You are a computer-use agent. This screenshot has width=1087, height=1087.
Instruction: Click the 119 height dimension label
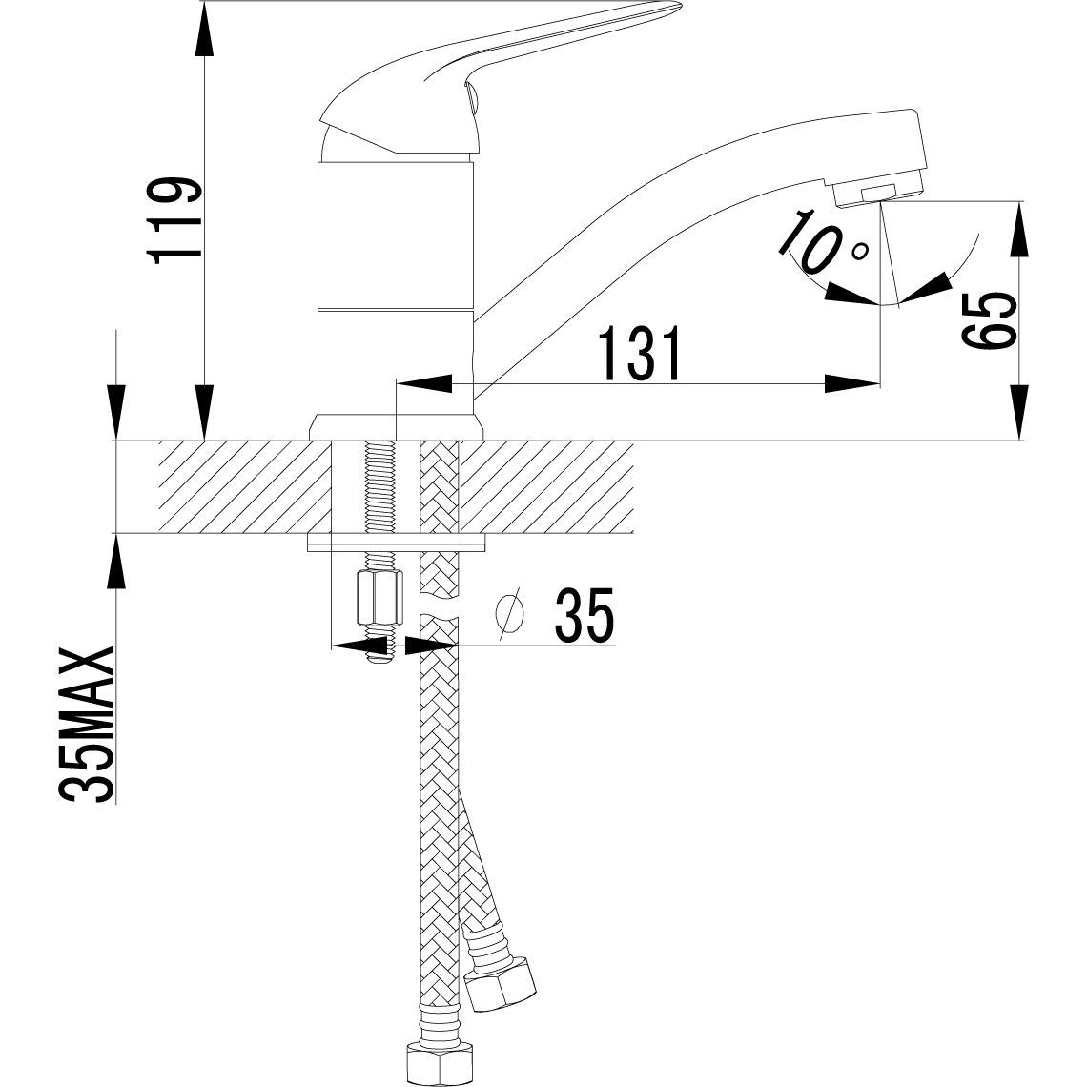click(x=175, y=217)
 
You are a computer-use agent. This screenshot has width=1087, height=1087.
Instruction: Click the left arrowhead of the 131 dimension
click(x=420, y=384)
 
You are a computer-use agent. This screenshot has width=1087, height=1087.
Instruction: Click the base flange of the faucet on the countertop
click(x=396, y=427)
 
